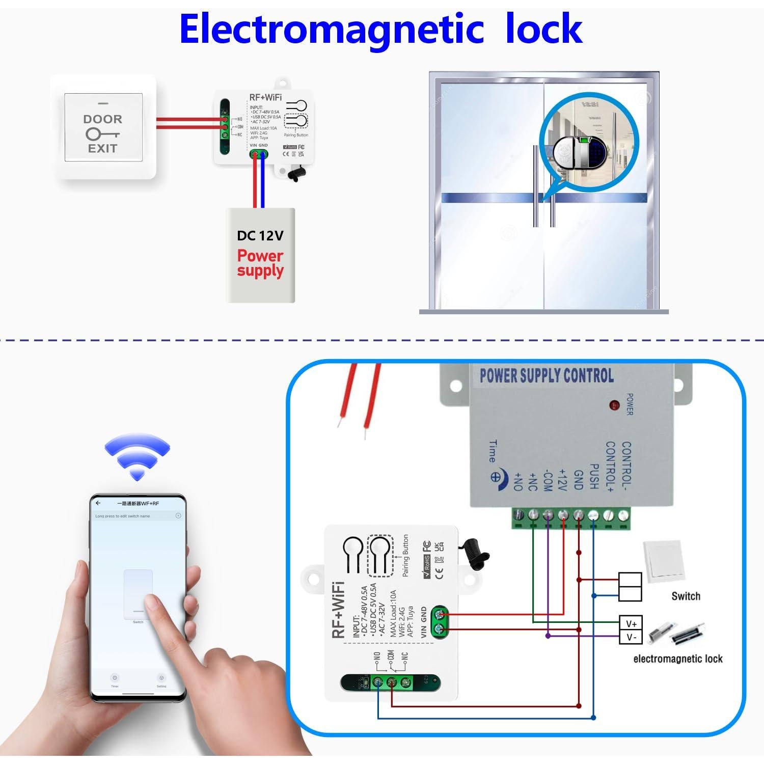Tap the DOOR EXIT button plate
tap(103, 127)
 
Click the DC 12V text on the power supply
tap(260, 235)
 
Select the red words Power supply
tap(260, 263)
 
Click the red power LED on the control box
tap(614, 405)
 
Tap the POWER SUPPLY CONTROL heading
tap(546, 376)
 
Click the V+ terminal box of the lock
tap(631, 623)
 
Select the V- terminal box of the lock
tap(631, 637)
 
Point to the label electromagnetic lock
tap(677, 659)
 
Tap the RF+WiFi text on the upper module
tap(265, 97)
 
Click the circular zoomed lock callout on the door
tap(588, 152)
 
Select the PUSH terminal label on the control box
tap(593, 476)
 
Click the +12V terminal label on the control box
tap(562, 480)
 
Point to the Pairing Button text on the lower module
tap(405, 555)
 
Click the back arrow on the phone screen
tap(98, 503)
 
